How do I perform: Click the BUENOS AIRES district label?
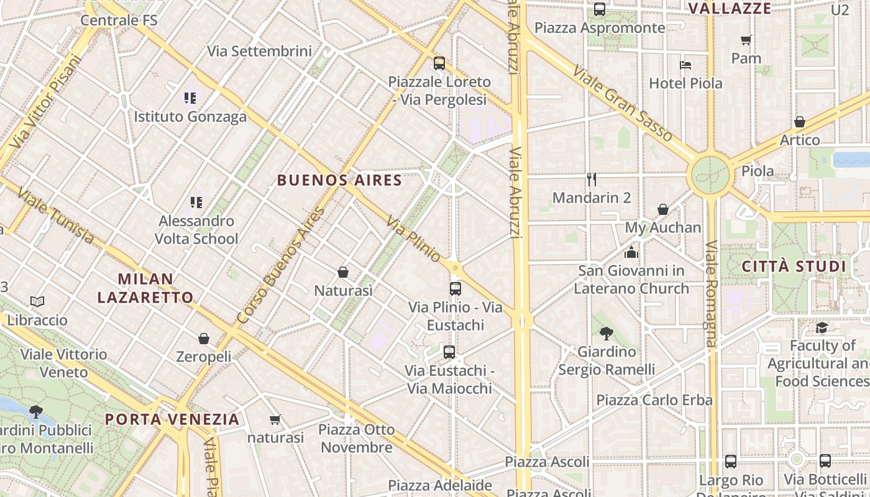click(x=339, y=180)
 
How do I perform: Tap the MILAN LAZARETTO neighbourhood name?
click(x=145, y=288)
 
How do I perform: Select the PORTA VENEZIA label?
click(x=172, y=419)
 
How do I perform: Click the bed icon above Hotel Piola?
click(x=685, y=65)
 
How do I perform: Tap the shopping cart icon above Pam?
click(x=746, y=40)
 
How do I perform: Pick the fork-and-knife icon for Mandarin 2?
click(x=592, y=180)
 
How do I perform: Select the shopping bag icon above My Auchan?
click(x=663, y=209)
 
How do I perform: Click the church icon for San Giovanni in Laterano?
click(x=631, y=252)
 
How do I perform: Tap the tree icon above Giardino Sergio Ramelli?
click(x=607, y=334)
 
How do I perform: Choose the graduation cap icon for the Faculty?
click(x=822, y=327)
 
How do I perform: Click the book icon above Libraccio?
click(x=37, y=302)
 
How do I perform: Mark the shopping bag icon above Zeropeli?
click(x=204, y=339)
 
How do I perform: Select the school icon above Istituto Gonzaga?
click(x=190, y=98)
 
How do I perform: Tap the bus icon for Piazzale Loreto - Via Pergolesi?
click(x=439, y=63)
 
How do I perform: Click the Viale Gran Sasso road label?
click(x=622, y=103)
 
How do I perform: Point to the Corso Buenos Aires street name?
click(x=281, y=265)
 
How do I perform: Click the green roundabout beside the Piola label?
click(x=710, y=175)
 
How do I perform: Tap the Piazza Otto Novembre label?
click(x=357, y=438)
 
